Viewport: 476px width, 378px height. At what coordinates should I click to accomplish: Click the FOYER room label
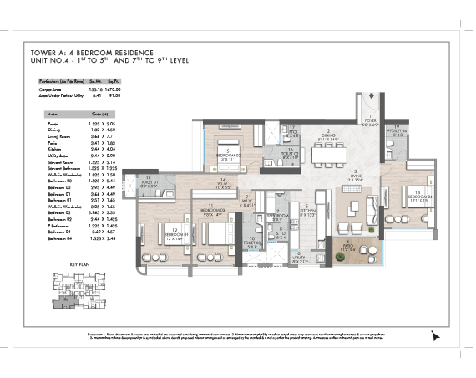[x=371, y=123]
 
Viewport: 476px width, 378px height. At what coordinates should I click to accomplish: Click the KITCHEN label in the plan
[x=307, y=209]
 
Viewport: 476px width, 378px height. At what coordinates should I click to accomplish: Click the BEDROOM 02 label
[x=227, y=155]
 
